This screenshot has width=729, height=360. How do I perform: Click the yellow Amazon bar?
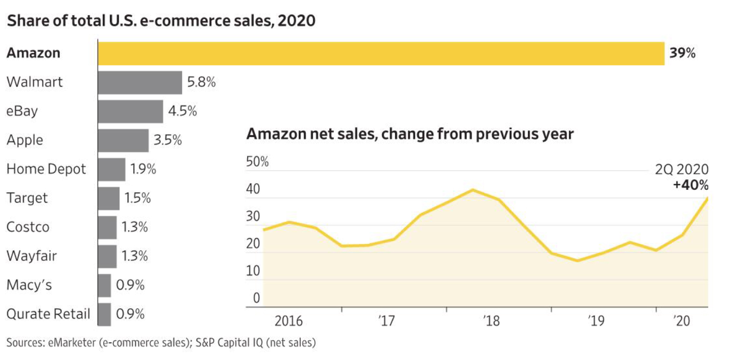point(381,53)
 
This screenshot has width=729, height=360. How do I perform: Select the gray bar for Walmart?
point(140,82)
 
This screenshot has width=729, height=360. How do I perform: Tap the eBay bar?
point(131,112)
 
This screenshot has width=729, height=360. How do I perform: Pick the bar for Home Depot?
point(111,169)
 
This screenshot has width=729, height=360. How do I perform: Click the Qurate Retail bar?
point(104,314)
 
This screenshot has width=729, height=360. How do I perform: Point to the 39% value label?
point(682,53)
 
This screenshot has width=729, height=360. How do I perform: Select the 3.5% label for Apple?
point(168,141)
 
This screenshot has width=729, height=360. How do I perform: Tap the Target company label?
point(27,198)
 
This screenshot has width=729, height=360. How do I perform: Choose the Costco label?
point(28,227)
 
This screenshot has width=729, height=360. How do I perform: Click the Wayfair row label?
point(32,256)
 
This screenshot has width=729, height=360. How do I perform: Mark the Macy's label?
point(29,285)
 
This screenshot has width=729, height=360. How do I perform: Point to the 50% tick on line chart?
point(257,162)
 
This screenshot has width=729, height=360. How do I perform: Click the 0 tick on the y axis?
point(256,298)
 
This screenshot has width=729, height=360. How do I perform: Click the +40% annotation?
point(691,185)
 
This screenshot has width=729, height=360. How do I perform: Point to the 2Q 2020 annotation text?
point(681,170)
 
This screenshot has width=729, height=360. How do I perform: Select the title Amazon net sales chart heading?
point(410,134)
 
